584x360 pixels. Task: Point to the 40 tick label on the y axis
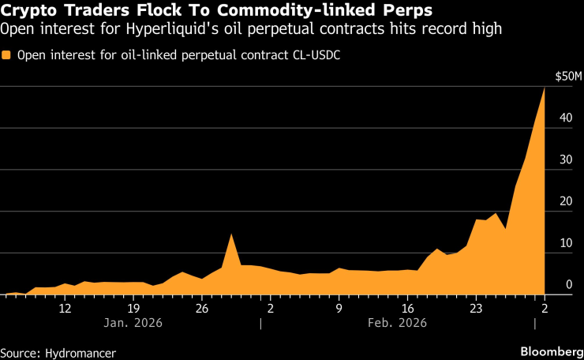566,118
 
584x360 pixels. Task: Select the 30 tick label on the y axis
566,159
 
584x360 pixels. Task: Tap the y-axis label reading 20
566,201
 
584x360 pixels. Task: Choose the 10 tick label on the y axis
566,243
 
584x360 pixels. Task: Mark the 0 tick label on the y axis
569,284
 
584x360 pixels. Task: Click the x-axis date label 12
65,309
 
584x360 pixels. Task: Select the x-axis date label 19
133,309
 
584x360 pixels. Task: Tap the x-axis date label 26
202,309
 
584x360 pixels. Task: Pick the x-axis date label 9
339,309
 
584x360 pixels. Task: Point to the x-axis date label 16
407,309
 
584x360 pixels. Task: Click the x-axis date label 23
476,309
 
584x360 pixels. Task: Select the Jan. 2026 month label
133,322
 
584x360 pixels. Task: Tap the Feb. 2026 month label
397,322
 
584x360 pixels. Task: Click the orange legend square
6,55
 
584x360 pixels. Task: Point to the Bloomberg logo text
552,351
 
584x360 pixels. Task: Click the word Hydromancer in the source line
80,353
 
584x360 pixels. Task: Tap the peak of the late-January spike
231,234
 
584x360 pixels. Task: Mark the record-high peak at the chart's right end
545,88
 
